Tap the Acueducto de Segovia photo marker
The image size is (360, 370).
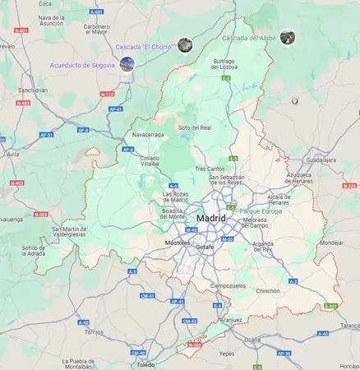[x=127, y=64]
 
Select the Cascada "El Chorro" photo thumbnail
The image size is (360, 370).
[x=185, y=45]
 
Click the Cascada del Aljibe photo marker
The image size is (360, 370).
[x=287, y=37]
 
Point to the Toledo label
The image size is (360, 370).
[x=145, y=363]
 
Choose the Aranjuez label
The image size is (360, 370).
[x=232, y=320]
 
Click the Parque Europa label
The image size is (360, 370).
[x=261, y=211]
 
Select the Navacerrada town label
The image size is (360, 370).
[x=148, y=134]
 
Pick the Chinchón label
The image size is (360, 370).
[x=269, y=291]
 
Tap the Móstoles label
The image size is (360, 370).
[x=177, y=243]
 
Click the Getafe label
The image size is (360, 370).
[x=205, y=247]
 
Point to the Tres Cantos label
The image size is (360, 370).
[x=210, y=169]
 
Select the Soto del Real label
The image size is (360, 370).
[x=195, y=127]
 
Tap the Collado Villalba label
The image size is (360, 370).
[x=150, y=160]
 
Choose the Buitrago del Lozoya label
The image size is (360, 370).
[x=225, y=63]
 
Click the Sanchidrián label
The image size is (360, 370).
[x=33, y=90]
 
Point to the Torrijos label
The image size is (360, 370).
[x=94, y=332]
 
